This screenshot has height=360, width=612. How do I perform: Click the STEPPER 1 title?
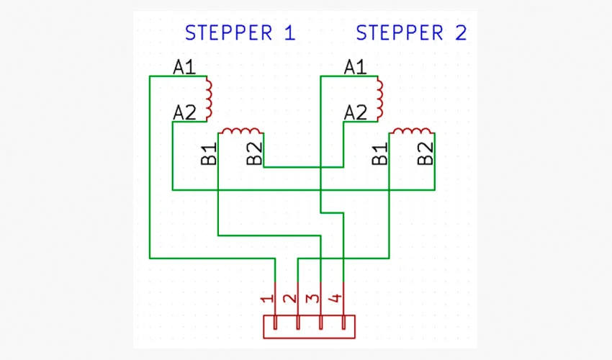(x=240, y=33)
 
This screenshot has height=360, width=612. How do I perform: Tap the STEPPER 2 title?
(x=411, y=33)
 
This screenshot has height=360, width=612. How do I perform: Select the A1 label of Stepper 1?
(x=184, y=68)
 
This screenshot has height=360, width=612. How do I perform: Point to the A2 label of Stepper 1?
(x=184, y=112)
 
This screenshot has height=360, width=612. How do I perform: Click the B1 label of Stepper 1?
(x=209, y=154)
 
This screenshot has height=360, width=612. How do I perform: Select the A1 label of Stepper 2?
(x=355, y=68)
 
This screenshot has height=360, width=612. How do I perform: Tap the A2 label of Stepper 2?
(x=355, y=112)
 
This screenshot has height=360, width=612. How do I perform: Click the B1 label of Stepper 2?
(x=379, y=154)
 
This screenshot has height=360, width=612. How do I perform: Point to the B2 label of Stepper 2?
(x=426, y=154)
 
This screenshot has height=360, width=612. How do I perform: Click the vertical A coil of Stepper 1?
(x=209, y=98)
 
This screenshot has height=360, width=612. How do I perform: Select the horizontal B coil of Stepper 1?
(x=240, y=131)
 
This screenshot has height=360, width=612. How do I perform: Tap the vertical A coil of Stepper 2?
(x=379, y=98)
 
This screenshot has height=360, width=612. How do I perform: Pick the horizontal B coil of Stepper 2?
(x=411, y=131)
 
